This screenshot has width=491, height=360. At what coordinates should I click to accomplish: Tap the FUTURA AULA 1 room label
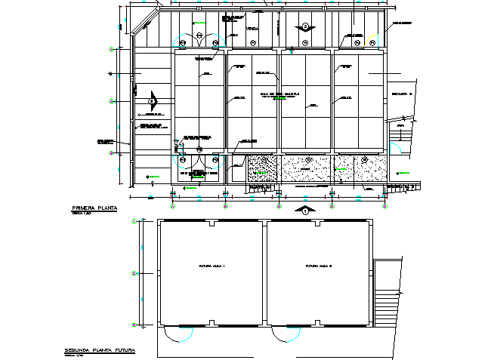(x=213, y=266)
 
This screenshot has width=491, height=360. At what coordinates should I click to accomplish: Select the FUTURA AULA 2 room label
(x=320, y=266)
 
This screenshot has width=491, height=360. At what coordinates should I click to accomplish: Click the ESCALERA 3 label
(x=401, y=94)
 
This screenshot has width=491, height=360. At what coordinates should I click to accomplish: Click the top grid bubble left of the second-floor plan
(x=134, y=221)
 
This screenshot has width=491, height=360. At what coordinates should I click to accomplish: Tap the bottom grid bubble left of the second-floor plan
(x=134, y=325)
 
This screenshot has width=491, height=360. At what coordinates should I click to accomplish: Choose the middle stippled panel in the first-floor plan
(x=307, y=170)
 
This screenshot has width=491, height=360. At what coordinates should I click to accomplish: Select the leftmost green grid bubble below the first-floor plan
(x=172, y=205)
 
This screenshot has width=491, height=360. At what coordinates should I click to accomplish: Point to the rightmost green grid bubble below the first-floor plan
(x=384, y=205)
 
